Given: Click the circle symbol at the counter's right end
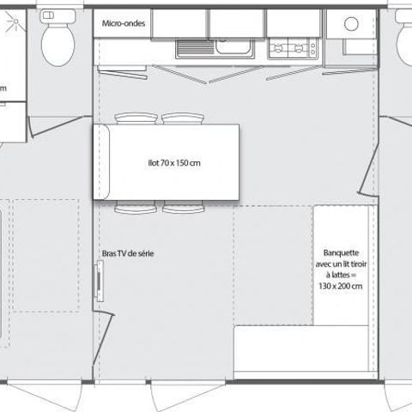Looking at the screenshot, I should click(x=350, y=24).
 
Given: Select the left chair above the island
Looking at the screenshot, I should click(x=136, y=118).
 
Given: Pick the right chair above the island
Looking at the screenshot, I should click(x=181, y=118).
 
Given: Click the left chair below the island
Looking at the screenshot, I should click(x=136, y=209).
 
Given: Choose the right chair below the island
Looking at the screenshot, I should click(x=181, y=209).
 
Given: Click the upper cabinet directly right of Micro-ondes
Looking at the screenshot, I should click(x=179, y=22).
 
